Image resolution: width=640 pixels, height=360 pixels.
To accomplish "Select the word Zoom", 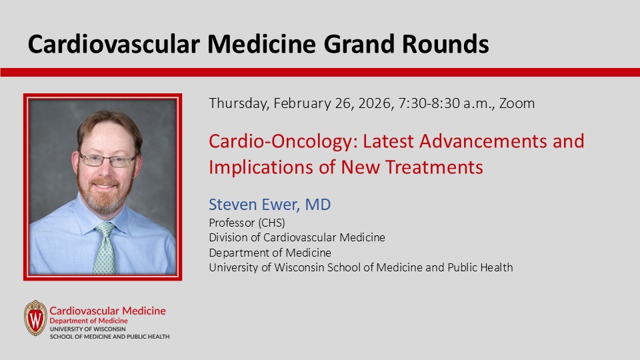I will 517,103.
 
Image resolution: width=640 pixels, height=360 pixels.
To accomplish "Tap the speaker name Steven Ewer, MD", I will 269,205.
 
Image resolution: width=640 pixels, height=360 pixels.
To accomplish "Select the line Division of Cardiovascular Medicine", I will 297,237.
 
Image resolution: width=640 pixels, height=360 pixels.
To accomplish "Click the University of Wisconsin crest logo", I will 35,318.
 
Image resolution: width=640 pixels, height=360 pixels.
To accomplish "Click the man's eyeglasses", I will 108,160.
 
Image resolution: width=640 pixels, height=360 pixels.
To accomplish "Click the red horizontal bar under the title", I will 320,72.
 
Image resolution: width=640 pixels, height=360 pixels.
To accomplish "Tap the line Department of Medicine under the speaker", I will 270,253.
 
